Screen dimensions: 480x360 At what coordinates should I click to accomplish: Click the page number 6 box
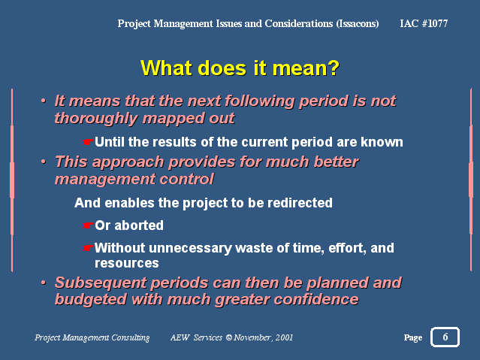pyautogui.click(x=445, y=337)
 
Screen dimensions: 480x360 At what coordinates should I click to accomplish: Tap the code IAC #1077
pyautogui.click(x=424, y=23)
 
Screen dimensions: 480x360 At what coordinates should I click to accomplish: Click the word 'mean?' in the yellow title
pyautogui.click(x=306, y=68)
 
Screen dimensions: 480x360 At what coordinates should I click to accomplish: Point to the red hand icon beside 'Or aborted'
pyautogui.click(x=87, y=225)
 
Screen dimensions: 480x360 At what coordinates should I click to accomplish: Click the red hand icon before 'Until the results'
pyautogui.click(x=87, y=142)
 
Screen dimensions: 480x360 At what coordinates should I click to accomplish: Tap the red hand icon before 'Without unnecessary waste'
pyautogui.click(x=87, y=248)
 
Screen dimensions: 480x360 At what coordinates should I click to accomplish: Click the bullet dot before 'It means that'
pyautogui.click(x=44, y=101)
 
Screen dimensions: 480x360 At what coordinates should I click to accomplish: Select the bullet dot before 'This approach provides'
pyautogui.click(x=44, y=162)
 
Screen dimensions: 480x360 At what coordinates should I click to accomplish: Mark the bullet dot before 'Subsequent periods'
pyautogui.click(x=44, y=282)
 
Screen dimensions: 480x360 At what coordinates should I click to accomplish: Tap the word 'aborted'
pyautogui.click(x=139, y=225)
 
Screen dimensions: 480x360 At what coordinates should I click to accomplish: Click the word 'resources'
pyautogui.click(x=127, y=263)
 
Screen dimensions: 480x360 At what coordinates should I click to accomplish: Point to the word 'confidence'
pyautogui.click(x=316, y=299)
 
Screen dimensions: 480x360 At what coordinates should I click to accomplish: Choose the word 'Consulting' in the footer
pyautogui.click(x=131, y=337)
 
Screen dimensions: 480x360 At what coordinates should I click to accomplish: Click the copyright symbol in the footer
pyautogui.click(x=229, y=337)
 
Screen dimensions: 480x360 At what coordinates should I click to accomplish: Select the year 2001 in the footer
pyautogui.click(x=284, y=337)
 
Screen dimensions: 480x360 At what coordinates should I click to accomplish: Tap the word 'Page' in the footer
pyautogui.click(x=413, y=337)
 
